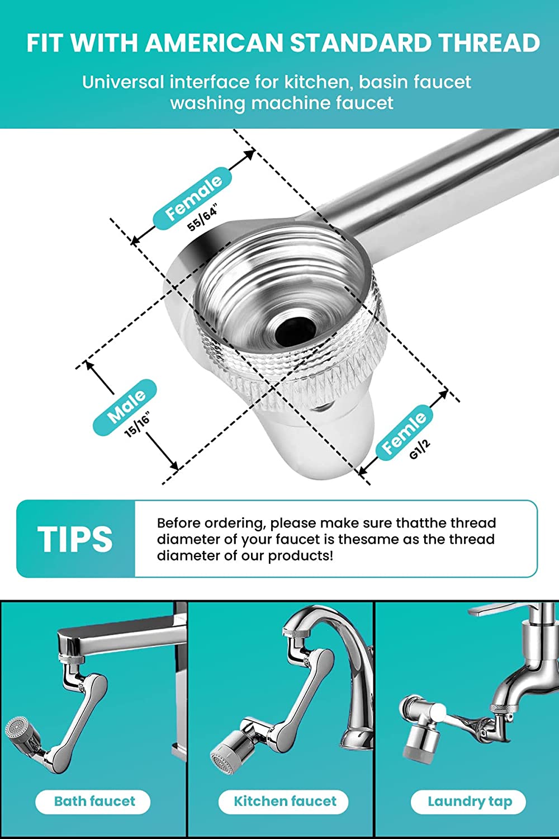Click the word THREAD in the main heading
tap(490, 43)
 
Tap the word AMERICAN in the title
tap(214, 43)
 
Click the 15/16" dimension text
tap(137, 425)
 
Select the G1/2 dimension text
tap(419, 449)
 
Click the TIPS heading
tap(75, 539)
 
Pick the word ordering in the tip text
tap(234, 524)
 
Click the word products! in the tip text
tap(300, 556)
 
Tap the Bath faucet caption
tap(94, 801)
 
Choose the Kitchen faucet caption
tap(285, 801)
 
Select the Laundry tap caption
tap(470, 802)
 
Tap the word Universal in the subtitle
tap(123, 82)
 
